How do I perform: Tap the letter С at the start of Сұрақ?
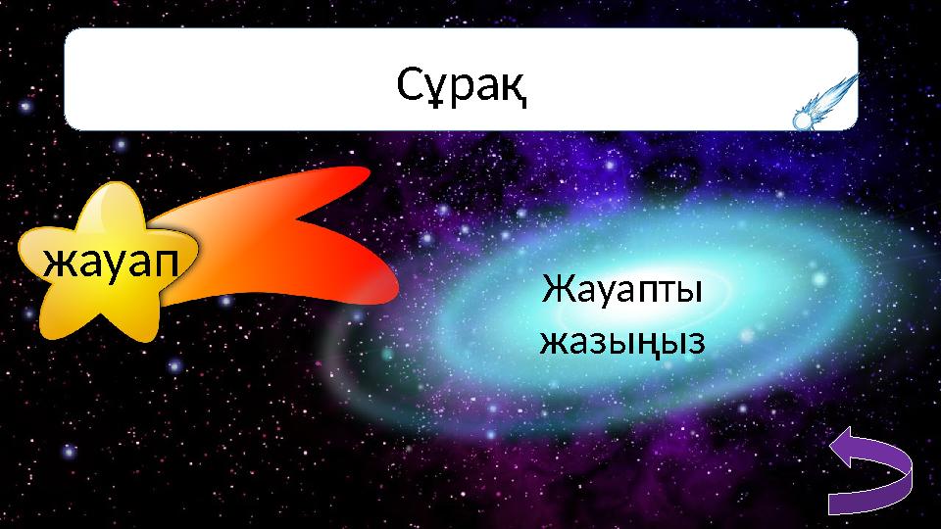[x=412, y=88]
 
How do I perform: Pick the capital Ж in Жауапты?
[x=555, y=291]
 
